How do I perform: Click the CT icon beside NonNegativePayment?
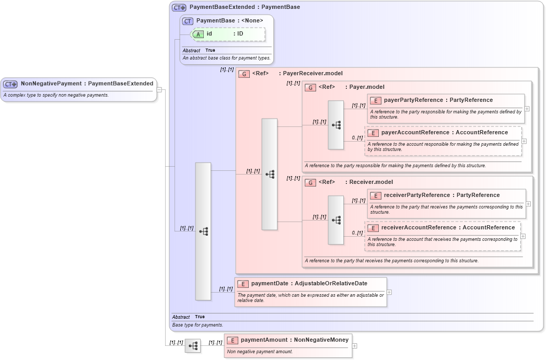pos(10,84)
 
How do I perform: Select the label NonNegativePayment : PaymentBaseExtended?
pos(87,83)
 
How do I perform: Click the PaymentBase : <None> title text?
pos(229,20)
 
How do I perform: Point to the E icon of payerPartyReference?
pos(375,100)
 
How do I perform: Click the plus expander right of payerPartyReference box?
pos(527,109)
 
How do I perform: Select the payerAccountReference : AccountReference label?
pos(444,133)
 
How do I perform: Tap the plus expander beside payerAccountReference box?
pos(524,141)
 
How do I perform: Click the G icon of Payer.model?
pos(310,87)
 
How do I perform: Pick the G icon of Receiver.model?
pos(310,182)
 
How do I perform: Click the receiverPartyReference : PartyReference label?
pos(442,195)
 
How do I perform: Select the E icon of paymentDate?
pos(242,284)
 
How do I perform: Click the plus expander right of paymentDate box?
pos(389,292)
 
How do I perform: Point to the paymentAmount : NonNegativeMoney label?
pos(294,340)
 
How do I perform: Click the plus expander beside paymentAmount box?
pos(355,345)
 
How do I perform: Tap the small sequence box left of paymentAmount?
pos(192,346)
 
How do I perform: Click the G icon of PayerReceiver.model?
pos(243,74)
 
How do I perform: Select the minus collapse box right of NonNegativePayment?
pos(159,89)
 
